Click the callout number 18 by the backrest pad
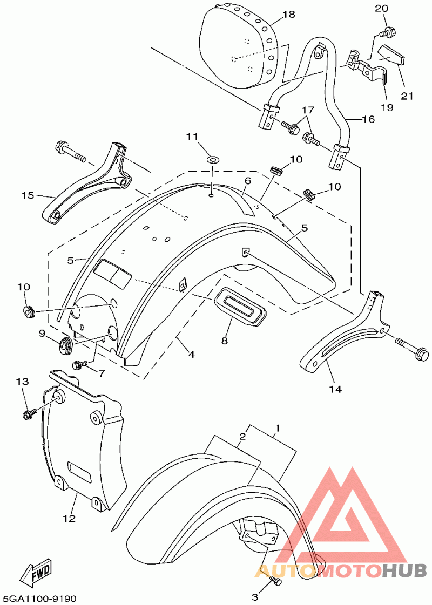pos(288,15)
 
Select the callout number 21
pos(407,96)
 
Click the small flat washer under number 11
pos(212,159)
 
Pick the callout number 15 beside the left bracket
pos(28,195)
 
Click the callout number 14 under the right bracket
pos(335,389)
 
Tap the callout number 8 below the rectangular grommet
pos(224,341)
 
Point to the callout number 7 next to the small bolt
pos(101,373)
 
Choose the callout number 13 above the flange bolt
pos(22,382)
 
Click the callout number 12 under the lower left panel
pos(70,519)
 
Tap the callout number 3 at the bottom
pos(255,597)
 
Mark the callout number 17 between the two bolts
pos(308,110)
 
